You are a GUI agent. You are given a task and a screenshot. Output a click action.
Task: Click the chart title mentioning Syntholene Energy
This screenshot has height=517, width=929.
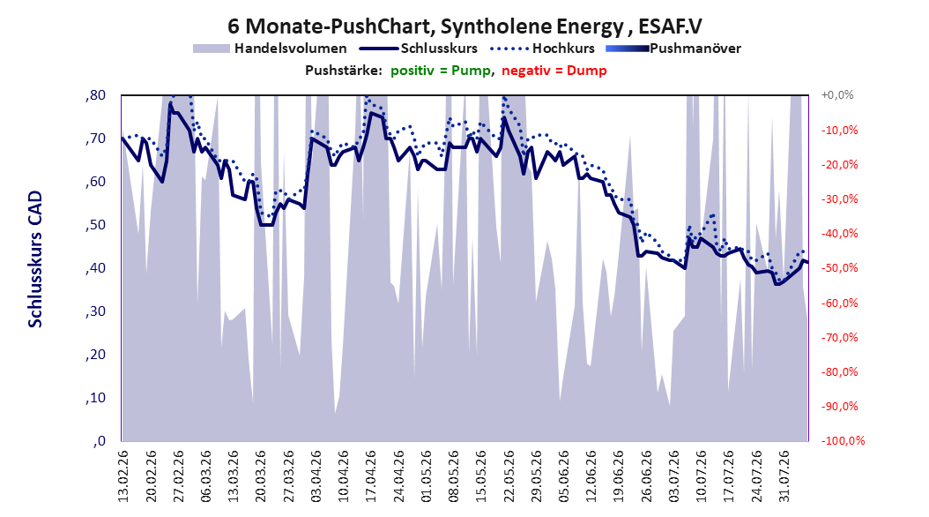coord(464,26)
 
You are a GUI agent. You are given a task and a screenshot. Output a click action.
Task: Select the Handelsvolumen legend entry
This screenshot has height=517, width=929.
coord(270,49)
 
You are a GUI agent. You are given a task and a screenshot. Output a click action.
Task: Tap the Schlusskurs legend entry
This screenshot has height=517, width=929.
coord(419,49)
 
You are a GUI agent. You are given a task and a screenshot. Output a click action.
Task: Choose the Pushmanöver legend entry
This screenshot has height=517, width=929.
coord(673,49)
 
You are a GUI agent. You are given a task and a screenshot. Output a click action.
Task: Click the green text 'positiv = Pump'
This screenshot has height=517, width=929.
coord(440,71)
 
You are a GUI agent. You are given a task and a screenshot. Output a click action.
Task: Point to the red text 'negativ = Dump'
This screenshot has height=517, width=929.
coord(554,71)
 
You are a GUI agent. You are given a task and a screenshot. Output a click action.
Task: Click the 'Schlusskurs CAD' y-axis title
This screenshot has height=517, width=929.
coord(35,259)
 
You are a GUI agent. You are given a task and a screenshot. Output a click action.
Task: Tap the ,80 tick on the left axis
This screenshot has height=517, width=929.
coord(95,95)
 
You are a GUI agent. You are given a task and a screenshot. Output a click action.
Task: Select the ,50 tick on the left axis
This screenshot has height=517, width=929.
coord(95,225)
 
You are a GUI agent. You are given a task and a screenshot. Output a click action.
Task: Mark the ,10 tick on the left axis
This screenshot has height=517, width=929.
coord(95,398)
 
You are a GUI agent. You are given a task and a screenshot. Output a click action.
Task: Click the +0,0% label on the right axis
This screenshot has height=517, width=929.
coord(837,95)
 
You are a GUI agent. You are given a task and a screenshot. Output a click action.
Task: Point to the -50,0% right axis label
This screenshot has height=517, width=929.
coord(839,268)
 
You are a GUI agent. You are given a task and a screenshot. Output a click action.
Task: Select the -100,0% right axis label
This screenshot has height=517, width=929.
coord(843,440)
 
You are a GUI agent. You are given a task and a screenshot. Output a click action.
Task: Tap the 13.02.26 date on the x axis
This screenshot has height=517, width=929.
coord(123,476)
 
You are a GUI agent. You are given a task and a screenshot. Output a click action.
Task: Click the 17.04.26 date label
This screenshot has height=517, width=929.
coord(371,476)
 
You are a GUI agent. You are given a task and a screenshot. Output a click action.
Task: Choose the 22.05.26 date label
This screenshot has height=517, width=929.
coord(509,476)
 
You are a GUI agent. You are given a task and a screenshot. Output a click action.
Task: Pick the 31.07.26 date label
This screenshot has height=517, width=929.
coord(784,476)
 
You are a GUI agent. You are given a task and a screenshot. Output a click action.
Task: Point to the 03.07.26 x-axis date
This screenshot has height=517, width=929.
coord(673,476)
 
